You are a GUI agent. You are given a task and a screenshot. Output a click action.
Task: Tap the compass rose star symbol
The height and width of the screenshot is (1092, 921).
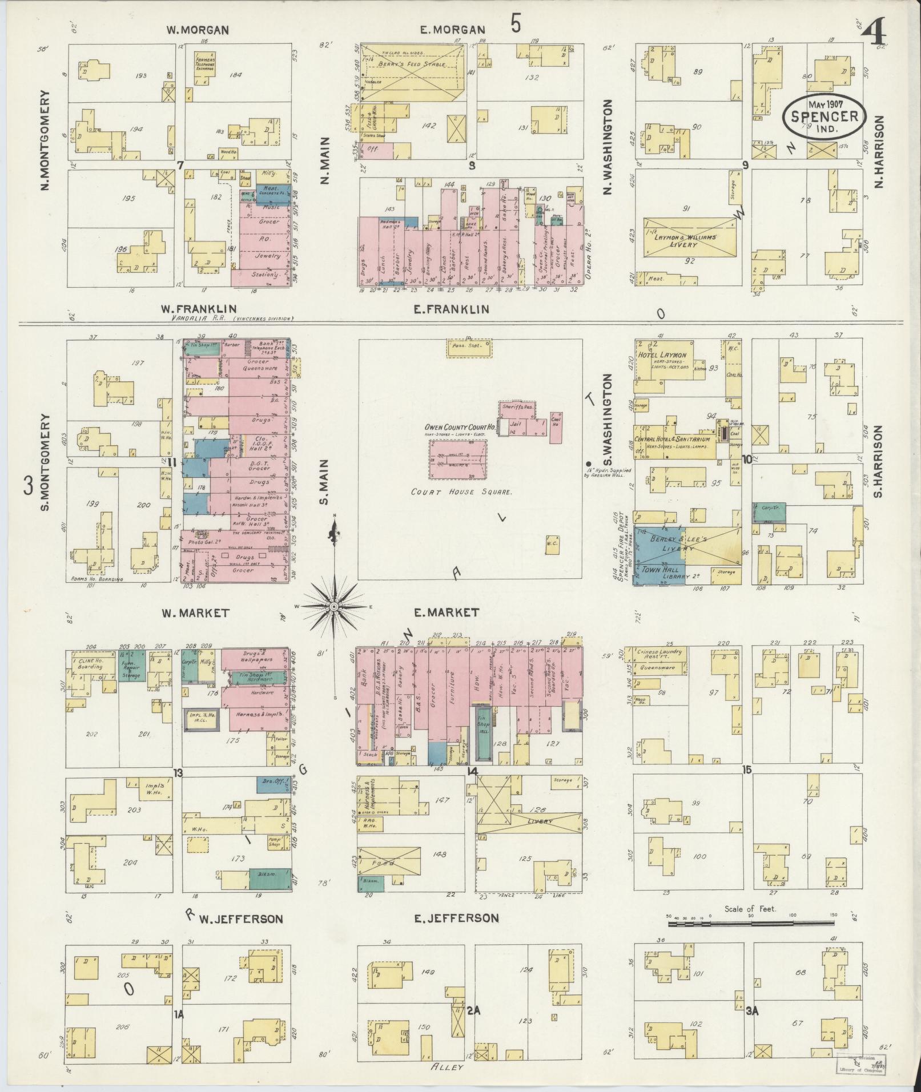(334, 606)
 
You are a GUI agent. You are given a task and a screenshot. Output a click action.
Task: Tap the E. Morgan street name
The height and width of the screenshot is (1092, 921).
(452, 30)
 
